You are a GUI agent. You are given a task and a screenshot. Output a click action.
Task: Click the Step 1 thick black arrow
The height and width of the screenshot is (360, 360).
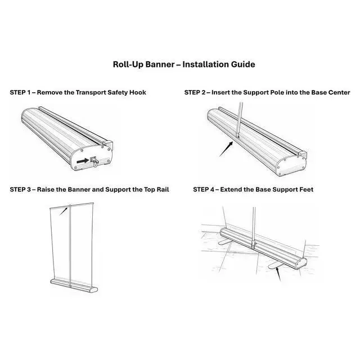[83, 161]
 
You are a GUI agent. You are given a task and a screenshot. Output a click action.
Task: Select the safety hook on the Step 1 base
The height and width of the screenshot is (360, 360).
[95, 161]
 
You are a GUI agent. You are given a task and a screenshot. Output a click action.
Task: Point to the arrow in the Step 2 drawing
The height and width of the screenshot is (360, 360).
[226, 149]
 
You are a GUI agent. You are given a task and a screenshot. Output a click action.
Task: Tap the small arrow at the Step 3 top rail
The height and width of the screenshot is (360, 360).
[64, 211]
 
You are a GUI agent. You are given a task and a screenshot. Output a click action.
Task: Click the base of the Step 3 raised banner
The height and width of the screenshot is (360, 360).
[74, 286]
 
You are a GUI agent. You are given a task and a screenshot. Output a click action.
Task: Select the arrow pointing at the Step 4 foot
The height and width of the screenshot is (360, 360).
[278, 274]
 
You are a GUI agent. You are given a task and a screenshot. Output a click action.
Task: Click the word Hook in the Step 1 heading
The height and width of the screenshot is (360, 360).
[137, 92]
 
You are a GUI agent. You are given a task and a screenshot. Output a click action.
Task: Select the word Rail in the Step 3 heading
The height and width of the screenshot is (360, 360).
[163, 190]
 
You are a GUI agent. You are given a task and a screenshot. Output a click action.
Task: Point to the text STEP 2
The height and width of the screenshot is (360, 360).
[195, 92]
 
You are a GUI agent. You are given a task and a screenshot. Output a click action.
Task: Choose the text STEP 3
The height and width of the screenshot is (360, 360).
[20, 190]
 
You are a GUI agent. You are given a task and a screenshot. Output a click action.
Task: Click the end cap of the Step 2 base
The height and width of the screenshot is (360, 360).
[291, 166]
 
